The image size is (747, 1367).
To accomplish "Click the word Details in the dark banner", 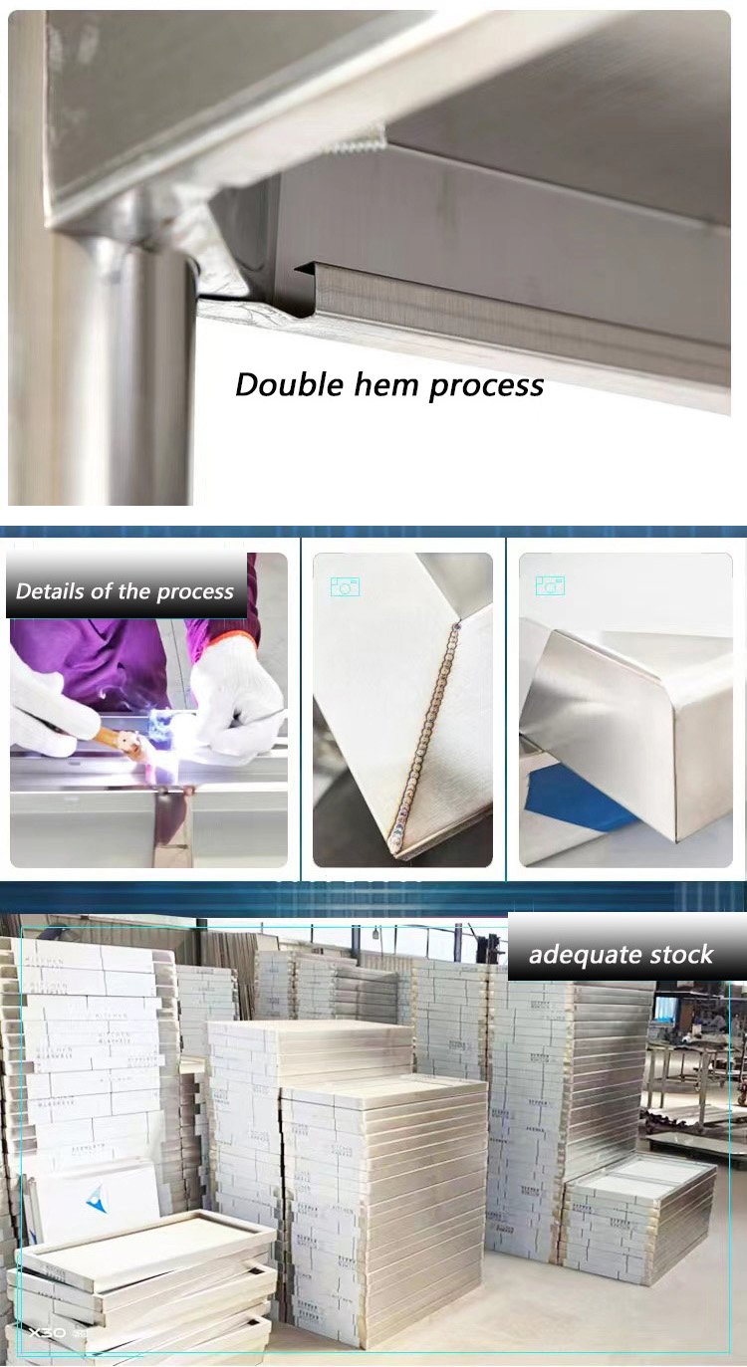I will tap(50, 591).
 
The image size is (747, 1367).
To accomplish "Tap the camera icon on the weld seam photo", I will tap(345, 586).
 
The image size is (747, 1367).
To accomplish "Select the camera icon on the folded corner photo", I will tap(550, 585).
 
